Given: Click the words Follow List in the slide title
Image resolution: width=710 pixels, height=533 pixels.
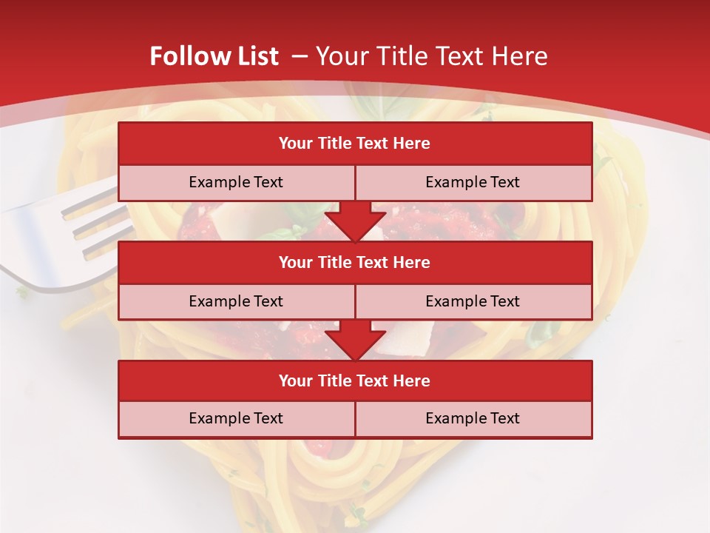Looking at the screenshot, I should (x=214, y=56).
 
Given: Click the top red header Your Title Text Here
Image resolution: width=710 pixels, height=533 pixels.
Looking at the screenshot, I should (x=354, y=144).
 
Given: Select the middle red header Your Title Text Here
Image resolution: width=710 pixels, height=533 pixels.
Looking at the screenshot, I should (x=354, y=262).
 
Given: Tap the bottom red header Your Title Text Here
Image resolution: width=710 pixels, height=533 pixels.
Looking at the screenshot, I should (x=354, y=381).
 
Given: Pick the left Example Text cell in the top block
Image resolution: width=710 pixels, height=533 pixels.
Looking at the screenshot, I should (x=236, y=182).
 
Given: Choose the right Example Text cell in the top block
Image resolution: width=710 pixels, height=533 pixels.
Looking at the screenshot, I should (x=473, y=182).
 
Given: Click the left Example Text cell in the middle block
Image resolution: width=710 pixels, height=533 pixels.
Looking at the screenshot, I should (x=236, y=301).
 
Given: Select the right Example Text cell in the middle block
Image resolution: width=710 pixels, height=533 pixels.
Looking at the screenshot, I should (x=473, y=301).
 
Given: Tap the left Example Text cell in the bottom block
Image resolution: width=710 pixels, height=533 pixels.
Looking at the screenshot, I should (x=236, y=418).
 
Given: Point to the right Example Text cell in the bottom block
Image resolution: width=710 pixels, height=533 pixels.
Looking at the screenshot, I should (x=473, y=418).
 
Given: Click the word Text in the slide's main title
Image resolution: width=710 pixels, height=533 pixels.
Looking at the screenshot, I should (x=461, y=56).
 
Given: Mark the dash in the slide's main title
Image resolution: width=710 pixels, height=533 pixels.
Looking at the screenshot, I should (x=300, y=56).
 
